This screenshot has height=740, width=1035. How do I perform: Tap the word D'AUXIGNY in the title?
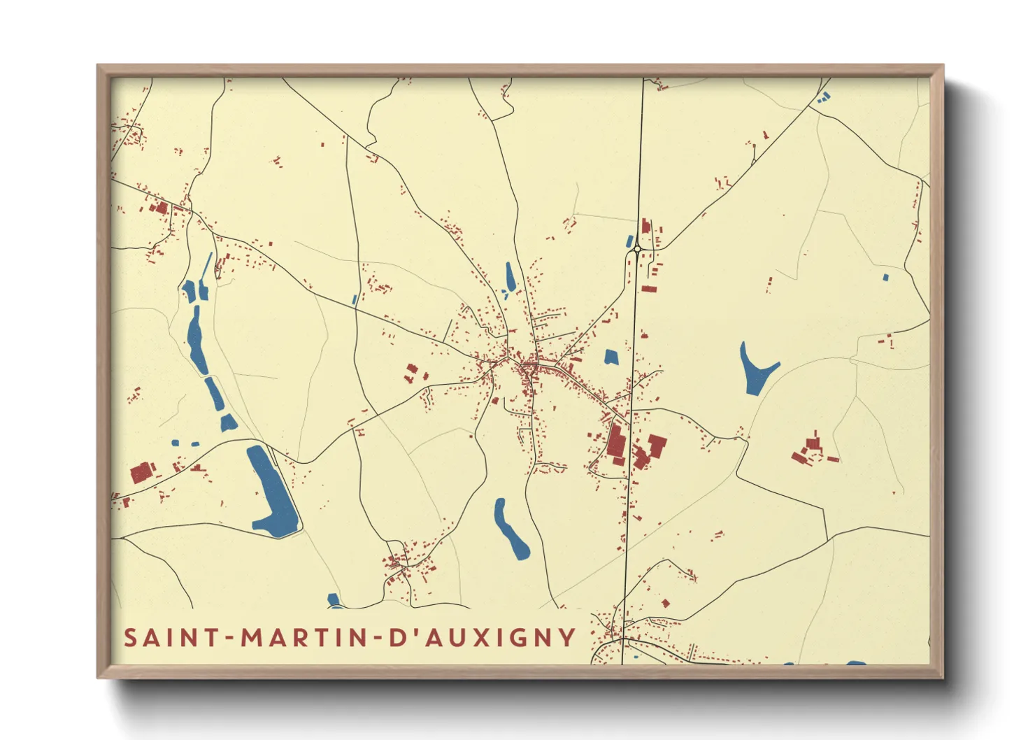[x=482, y=637]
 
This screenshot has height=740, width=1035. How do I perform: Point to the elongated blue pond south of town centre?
[x=511, y=529]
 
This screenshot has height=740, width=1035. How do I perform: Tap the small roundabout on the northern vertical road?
[x=637, y=248]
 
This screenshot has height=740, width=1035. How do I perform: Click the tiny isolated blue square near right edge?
[x=885, y=278]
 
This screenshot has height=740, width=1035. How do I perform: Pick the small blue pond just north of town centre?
[x=511, y=276]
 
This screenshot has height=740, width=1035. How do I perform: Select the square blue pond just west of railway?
[x=611, y=357]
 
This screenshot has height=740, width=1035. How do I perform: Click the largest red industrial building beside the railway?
[x=616, y=441]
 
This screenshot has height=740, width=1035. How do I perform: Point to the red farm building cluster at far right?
[x=811, y=450]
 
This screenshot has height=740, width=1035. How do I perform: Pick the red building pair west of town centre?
[x=411, y=373]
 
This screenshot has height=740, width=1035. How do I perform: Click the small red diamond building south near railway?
[x=666, y=603]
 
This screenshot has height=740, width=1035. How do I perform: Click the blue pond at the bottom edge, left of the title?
[x=334, y=599]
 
